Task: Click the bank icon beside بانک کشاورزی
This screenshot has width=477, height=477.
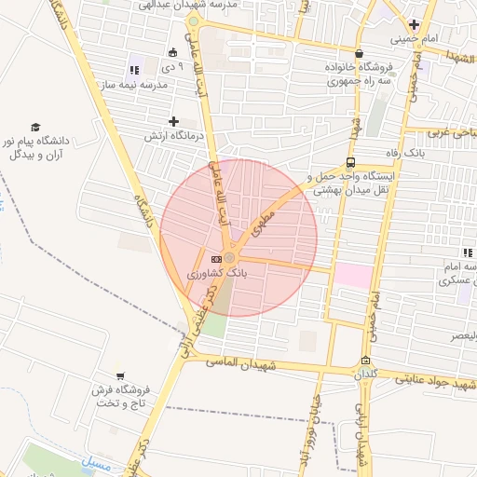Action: (216, 258)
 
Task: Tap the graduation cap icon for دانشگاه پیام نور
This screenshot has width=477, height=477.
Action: (35, 127)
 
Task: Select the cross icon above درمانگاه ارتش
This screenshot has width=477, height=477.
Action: (173, 121)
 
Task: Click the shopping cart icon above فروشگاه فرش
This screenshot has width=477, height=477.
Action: (120, 375)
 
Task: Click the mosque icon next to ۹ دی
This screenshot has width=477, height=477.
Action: (172, 52)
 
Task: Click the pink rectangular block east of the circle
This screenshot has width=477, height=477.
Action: (353, 275)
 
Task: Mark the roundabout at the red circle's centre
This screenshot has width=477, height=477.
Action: (229, 258)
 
